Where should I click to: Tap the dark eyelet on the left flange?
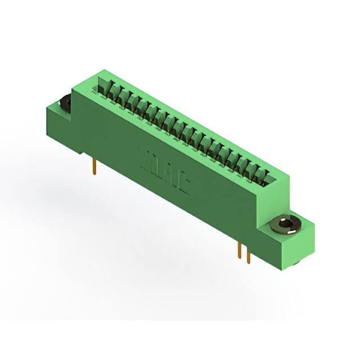pos(65,103)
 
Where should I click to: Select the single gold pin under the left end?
pos(94,166)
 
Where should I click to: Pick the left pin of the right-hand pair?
pos(240,250)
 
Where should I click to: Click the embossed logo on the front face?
pos(163,169)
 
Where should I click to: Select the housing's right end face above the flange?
pos(273,197)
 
